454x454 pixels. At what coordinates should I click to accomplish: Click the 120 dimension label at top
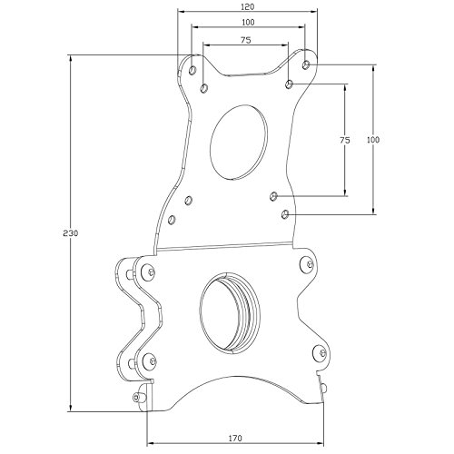[x=248, y=6]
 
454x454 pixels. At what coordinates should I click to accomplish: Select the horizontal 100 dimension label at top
[x=248, y=22]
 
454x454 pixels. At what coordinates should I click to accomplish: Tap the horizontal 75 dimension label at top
[x=246, y=40]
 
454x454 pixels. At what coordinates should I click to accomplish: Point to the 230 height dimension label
[x=71, y=233]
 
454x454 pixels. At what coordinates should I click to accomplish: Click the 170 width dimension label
[x=235, y=438]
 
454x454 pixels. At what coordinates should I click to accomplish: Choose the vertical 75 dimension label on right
[x=345, y=140]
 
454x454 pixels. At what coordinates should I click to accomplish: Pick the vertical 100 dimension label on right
[x=373, y=140]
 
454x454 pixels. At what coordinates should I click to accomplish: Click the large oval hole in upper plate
[x=239, y=143]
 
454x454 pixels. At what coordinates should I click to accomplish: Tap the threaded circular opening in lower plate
[x=230, y=312]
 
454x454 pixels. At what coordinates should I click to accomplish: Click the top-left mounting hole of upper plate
[x=192, y=70]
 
